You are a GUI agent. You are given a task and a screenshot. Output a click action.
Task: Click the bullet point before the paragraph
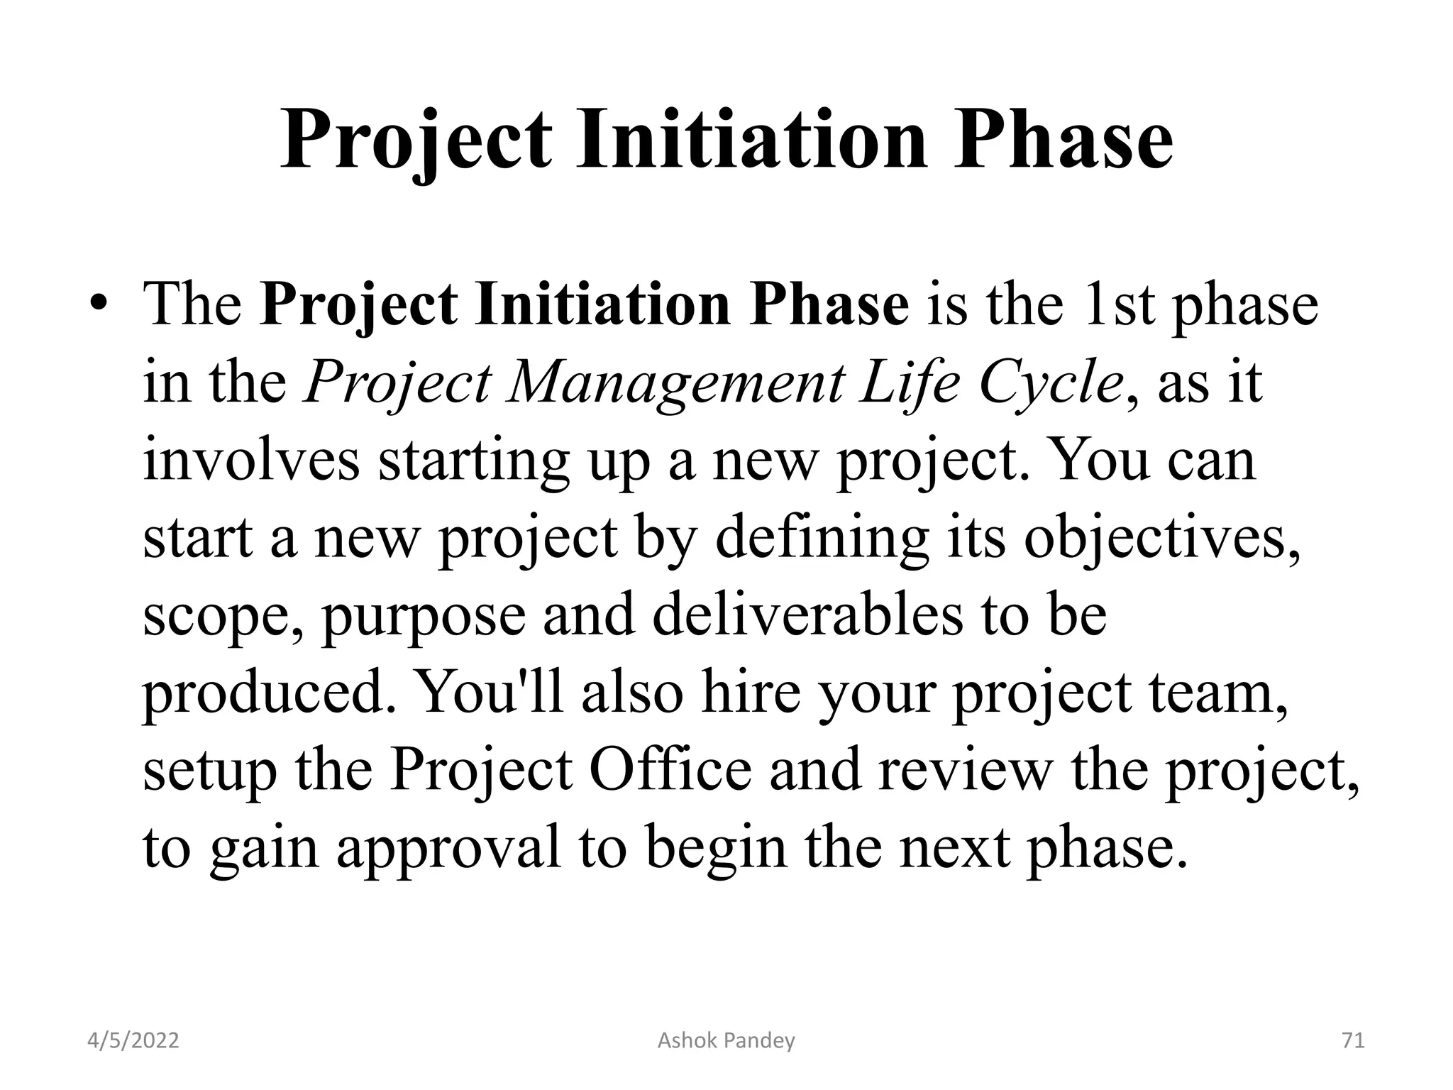99,305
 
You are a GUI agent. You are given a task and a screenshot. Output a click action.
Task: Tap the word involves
251,460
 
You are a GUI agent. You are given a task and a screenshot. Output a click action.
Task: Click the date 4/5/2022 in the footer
133,1041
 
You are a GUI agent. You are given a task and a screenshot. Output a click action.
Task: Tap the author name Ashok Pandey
726,1041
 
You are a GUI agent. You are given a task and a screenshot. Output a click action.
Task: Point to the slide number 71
1353,1041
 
